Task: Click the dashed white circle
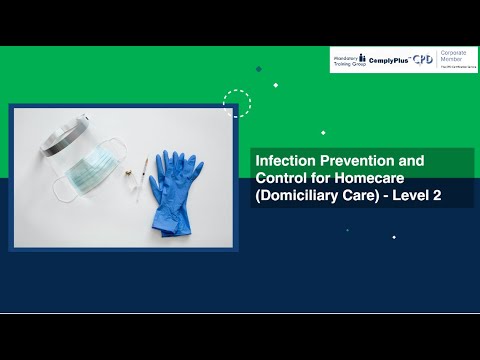point(237,103)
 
